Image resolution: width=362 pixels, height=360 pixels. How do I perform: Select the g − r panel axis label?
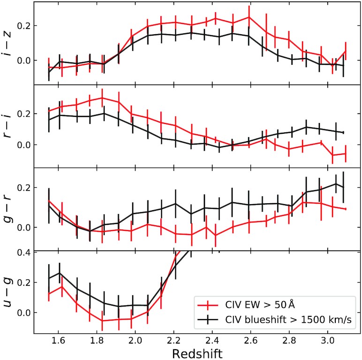8,209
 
